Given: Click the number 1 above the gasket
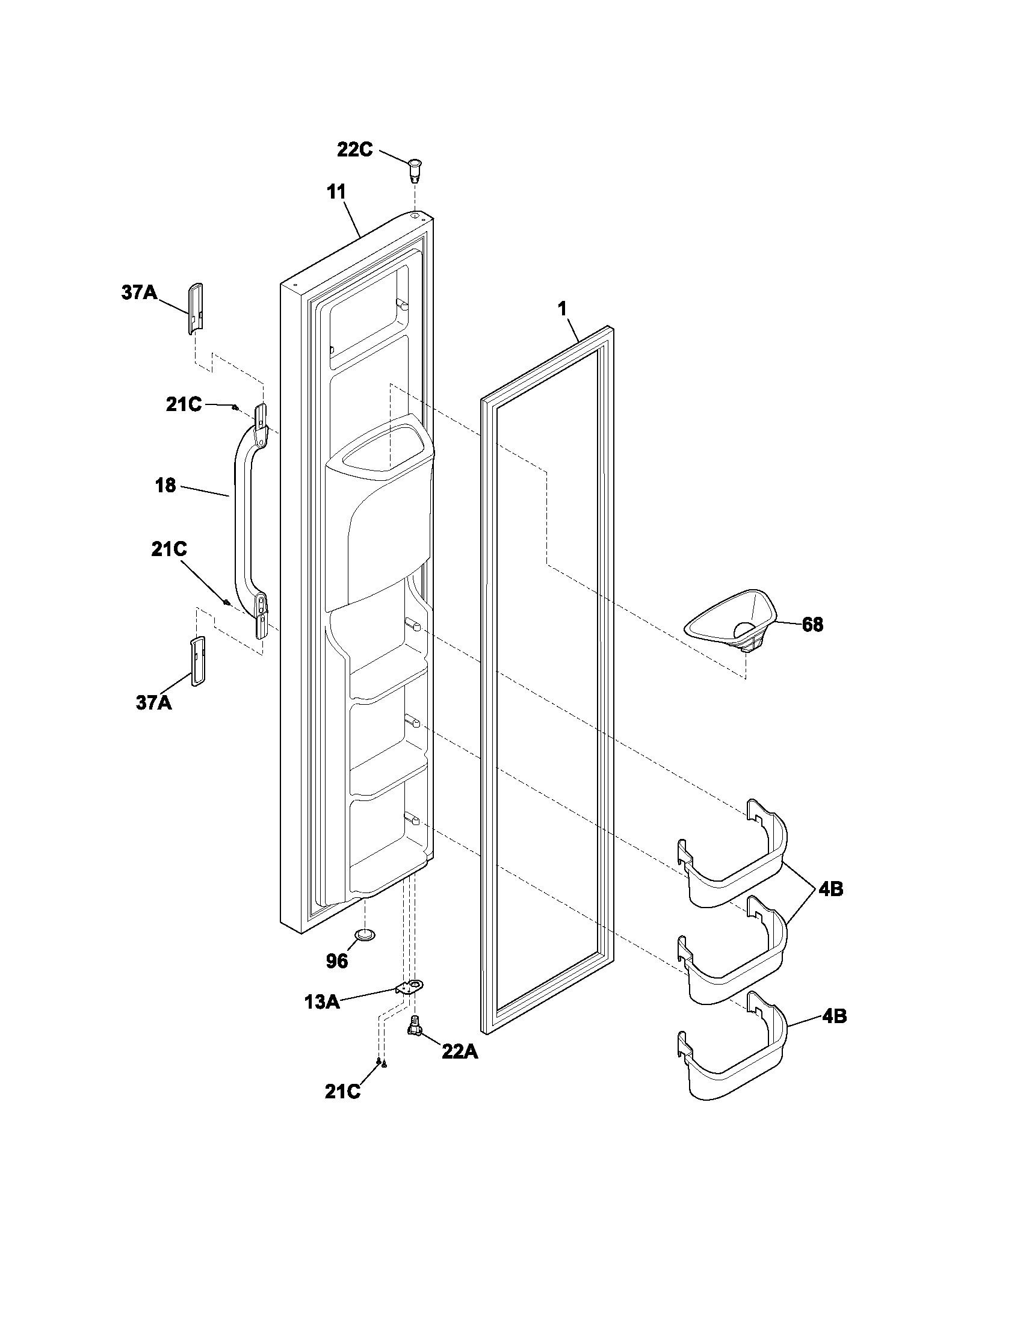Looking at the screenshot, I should coord(563,309).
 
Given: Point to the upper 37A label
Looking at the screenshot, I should coord(139,294).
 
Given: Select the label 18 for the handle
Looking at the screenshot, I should coord(165,485).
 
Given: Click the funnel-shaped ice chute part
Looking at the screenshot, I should coord(732,623).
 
